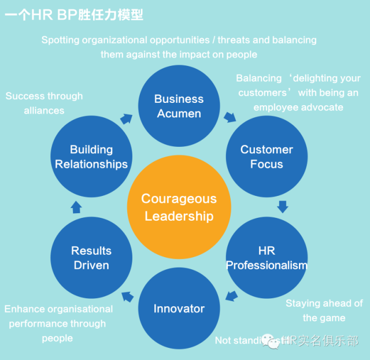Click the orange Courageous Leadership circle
[179, 207]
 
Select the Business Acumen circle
[179, 106]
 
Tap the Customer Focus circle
[267, 157]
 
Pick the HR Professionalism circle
[267, 258]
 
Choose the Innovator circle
[179, 309]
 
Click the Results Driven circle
[91, 258]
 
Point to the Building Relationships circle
[91, 157]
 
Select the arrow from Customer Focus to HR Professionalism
[282, 206]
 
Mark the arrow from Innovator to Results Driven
[127, 297]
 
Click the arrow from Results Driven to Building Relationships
[76, 206]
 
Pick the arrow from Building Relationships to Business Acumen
[126, 117]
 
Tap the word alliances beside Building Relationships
[44, 110]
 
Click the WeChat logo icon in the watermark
[271, 341]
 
